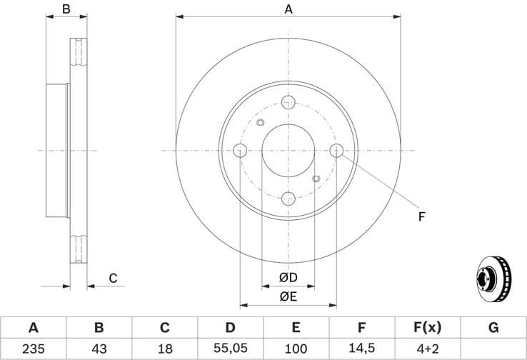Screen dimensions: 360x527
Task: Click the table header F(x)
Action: (x=427, y=328)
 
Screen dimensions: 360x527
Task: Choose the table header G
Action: (x=493, y=328)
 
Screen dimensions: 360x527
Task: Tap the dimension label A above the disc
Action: (x=288, y=9)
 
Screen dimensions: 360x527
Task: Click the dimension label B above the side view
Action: (x=66, y=9)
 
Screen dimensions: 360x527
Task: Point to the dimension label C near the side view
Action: (x=113, y=278)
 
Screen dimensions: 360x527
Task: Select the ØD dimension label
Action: (x=288, y=276)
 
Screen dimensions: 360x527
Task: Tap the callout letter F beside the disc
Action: (x=421, y=216)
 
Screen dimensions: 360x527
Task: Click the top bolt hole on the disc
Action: (x=288, y=101)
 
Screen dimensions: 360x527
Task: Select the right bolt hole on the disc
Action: (x=337, y=150)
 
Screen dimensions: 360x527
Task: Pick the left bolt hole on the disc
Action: (x=240, y=150)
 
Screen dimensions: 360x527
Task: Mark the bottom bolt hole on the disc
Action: (x=288, y=199)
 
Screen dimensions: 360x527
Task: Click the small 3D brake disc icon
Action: (x=494, y=277)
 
